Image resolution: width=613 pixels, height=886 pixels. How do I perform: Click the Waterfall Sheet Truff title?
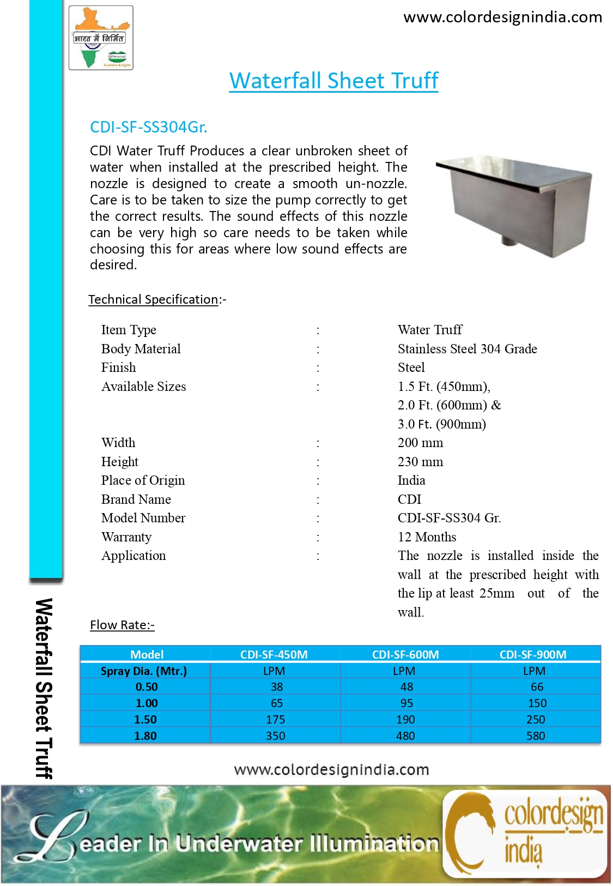click(333, 81)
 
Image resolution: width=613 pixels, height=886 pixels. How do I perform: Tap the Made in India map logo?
click(101, 38)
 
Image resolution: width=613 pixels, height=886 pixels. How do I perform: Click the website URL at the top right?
click(502, 17)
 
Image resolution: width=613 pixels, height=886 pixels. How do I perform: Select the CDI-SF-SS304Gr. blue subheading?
click(148, 127)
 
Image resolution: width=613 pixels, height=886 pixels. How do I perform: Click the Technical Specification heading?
click(153, 299)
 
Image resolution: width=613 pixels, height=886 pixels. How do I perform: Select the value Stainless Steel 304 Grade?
click(467, 349)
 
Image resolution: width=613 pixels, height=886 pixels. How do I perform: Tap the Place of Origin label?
click(143, 480)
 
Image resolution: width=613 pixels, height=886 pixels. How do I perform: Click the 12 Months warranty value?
click(427, 537)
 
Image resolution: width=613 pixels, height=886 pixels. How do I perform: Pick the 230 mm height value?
click(420, 462)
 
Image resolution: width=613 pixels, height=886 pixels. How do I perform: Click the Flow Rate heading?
click(122, 625)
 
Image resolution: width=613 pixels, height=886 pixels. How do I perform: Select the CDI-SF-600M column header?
click(405, 654)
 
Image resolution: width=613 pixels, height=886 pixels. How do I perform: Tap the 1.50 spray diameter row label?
click(145, 720)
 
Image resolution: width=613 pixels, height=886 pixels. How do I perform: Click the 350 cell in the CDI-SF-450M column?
click(275, 736)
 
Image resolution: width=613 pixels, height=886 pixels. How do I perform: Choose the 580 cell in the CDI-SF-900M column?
click(536, 736)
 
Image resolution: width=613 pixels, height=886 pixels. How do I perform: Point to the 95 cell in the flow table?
click(406, 703)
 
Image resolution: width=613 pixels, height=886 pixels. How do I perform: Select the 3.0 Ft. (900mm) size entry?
click(441, 424)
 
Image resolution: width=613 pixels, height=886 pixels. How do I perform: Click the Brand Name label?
click(136, 499)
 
